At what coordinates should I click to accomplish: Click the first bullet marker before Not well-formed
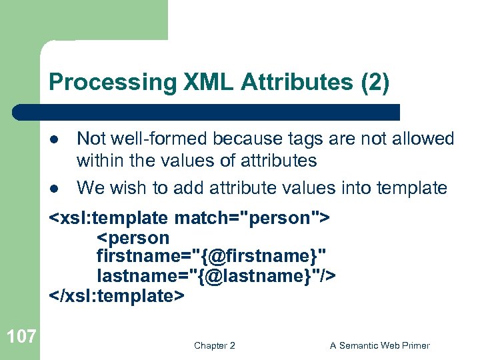tap(55, 140)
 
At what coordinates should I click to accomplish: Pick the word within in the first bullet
tap(100, 161)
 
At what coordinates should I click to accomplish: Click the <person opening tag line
tap(133, 237)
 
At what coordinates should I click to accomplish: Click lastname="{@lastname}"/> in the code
tap(216, 276)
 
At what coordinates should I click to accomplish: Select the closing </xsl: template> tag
tap(117, 295)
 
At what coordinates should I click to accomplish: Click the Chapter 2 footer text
tap(214, 345)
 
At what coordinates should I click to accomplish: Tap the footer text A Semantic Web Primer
tap(379, 345)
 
